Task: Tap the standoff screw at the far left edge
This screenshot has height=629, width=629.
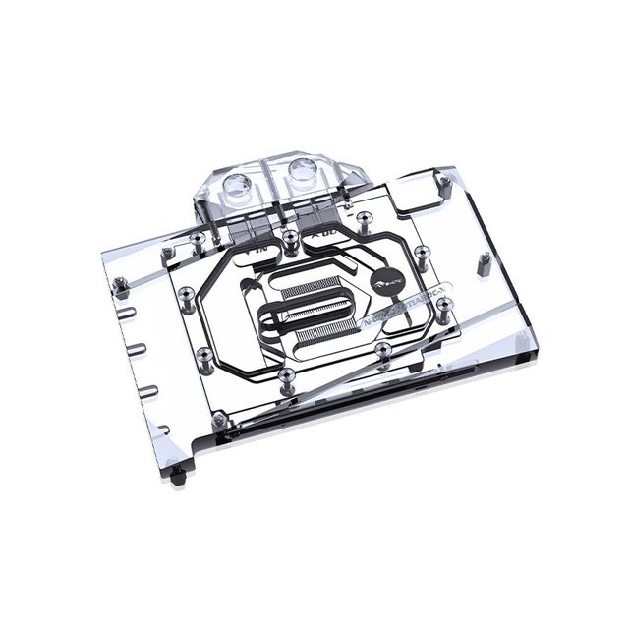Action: pyautogui.click(x=122, y=286)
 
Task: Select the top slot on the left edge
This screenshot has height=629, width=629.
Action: pyautogui.click(x=135, y=314)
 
